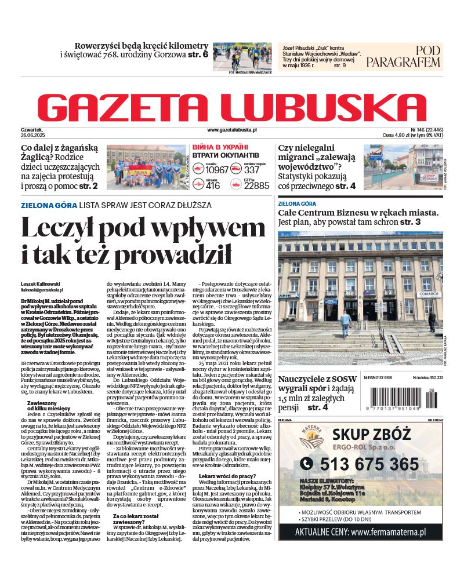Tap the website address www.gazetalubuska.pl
(x=232, y=131)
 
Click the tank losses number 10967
(x=217, y=170)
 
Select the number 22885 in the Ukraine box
(x=256, y=185)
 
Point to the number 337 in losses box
(x=252, y=170)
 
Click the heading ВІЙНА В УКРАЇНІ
(x=220, y=147)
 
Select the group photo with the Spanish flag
(x=146, y=167)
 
